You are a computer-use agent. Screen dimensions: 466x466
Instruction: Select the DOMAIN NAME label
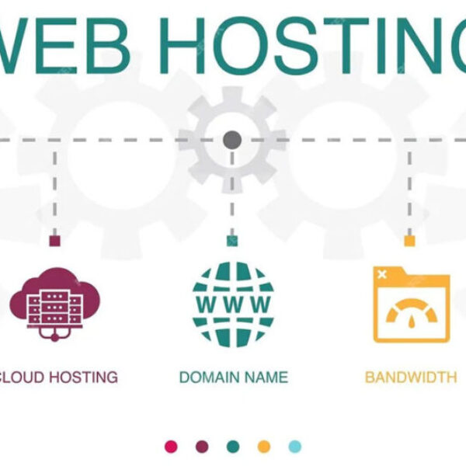pyautogui.click(x=233, y=377)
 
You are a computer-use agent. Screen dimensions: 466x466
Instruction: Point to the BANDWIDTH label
pyautogui.click(x=410, y=377)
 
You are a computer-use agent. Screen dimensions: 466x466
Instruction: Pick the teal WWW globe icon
pyautogui.click(x=233, y=303)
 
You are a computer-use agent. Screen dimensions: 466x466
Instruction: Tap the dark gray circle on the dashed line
pyautogui.click(x=232, y=141)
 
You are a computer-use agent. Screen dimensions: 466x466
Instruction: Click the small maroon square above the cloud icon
pyautogui.click(x=54, y=241)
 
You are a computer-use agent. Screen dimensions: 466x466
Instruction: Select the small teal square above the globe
pyautogui.click(x=232, y=241)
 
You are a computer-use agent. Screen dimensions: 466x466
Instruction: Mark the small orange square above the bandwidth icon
pyautogui.click(x=409, y=241)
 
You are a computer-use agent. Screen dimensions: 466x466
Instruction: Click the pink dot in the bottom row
pyautogui.click(x=172, y=447)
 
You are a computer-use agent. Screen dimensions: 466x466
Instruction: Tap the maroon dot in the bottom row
pyautogui.click(x=202, y=447)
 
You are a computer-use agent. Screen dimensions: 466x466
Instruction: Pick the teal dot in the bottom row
pyautogui.click(x=233, y=447)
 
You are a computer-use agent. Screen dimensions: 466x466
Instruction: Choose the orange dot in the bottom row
pyautogui.click(x=264, y=447)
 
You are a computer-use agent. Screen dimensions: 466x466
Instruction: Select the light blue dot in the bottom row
pyautogui.click(x=294, y=447)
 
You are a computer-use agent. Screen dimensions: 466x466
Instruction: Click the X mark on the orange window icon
pyautogui.click(x=381, y=273)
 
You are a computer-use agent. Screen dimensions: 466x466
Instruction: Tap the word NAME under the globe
pyautogui.click(x=264, y=377)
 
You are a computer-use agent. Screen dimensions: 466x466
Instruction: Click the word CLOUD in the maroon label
pyautogui.click(x=22, y=377)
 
